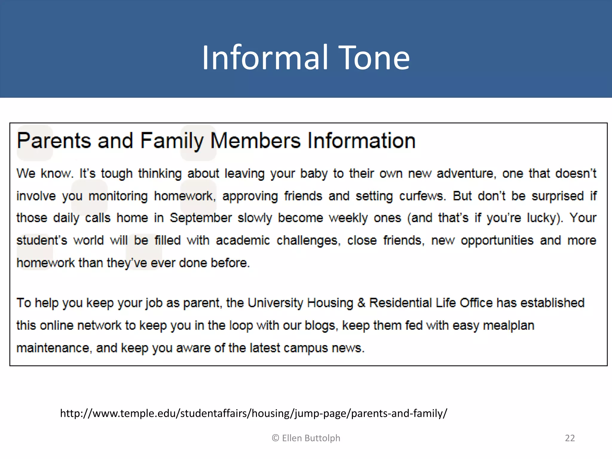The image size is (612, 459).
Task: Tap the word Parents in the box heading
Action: (x=54, y=140)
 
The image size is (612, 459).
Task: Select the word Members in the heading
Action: (x=255, y=140)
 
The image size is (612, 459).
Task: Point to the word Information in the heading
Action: (x=362, y=140)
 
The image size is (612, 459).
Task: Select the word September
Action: (x=201, y=218)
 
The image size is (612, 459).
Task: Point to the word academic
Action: (x=243, y=241)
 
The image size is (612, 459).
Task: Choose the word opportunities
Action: (x=497, y=241)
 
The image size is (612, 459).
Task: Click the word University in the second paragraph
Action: (x=275, y=303)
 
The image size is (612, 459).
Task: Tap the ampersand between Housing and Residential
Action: (x=361, y=303)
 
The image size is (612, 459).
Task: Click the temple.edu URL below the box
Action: (x=254, y=413)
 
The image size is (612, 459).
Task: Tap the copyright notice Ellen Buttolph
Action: (x=306, y=438)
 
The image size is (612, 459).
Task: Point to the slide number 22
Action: (x=570, y=438)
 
